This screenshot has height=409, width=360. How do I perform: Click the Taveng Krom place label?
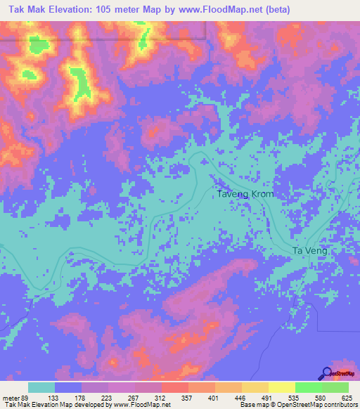(245, 194)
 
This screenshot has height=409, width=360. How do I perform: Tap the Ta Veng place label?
(309, 251)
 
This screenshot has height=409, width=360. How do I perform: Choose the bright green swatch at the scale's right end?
(335, 387)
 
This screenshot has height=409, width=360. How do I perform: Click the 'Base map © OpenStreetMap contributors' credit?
(298, 404)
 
